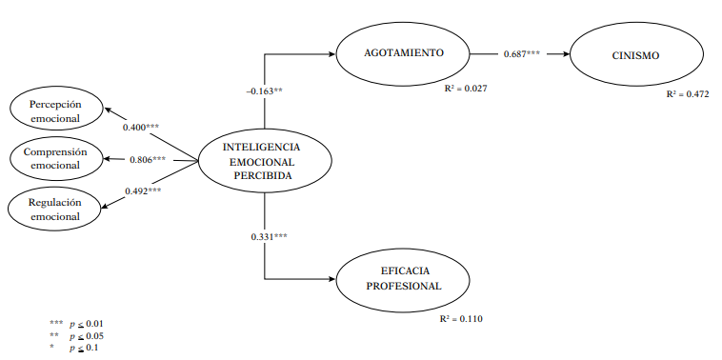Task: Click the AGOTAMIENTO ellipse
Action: [x=403, y=53]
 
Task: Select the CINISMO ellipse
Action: [x=636, y=55]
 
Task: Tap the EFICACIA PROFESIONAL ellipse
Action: [x=404, y=279]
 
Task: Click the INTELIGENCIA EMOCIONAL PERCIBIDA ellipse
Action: [x=262, y=161]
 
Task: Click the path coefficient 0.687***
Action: [x=522, y=54]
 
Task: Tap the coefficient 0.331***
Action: [x=270, y=235]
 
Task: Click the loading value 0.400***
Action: [x=142, y=126]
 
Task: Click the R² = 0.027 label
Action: [x=466, y=89]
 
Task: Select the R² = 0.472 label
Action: [x=688, y=95]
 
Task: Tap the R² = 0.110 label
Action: [x=462, y=318]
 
